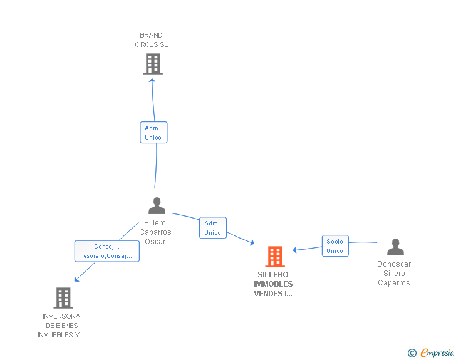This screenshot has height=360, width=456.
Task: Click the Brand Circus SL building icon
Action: pos(153,64)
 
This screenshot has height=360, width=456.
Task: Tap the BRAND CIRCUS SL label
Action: pos(152,40)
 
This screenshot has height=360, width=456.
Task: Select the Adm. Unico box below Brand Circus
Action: pos(153,133)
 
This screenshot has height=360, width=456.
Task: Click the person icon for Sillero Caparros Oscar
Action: pos(156,206)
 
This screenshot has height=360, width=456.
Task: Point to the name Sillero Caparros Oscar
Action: pos(155,232)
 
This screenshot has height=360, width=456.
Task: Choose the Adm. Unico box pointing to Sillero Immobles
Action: pos(212,228)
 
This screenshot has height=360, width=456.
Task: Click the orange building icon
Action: pos(275,257)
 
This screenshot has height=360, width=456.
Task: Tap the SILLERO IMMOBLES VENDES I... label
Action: pos(273,284)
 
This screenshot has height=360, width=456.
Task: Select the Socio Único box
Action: pos(335,246)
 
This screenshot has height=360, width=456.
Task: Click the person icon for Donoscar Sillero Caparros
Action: pos(395,247)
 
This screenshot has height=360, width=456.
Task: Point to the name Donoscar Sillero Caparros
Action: pos(394,274)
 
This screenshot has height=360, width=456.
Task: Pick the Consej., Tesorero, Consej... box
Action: pos(107,251)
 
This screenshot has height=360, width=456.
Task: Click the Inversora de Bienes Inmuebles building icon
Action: pos(63,298)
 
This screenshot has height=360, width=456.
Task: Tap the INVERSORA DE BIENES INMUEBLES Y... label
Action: pos(61,326)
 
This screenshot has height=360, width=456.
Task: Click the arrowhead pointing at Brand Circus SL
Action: pos(152,81)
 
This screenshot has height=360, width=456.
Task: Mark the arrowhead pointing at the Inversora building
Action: pos(76,279)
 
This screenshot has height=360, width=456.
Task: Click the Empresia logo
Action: pos(437,353)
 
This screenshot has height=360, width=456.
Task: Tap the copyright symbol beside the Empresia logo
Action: pos(412,354)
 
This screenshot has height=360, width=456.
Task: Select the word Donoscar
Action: pos(394,264)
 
